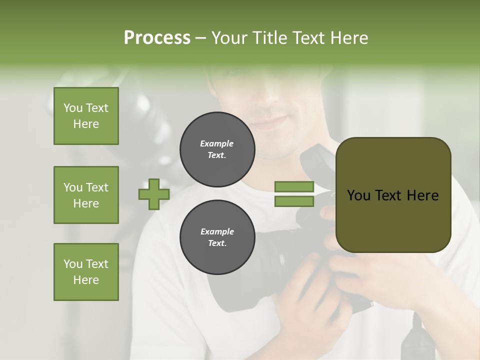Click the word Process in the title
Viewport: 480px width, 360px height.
click(157, 38)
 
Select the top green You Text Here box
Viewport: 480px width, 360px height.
click(86, 116)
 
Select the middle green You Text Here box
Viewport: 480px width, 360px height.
click(86, 195)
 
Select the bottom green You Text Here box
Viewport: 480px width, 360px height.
click(86, 272)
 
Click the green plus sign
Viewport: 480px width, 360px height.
click(154, 194)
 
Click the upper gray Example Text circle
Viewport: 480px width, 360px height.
click(217, 149)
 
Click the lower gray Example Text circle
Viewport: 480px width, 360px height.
click(217, 237)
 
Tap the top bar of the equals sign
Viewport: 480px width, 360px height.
click(294, 187)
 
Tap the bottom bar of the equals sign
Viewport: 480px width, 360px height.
click(294, 201)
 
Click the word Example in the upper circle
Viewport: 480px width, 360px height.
click(217, 143)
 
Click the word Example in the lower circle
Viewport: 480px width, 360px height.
click(217, 231)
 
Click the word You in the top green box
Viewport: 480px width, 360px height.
click(73, 108)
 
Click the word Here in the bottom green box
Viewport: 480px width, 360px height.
click(86, 280)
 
